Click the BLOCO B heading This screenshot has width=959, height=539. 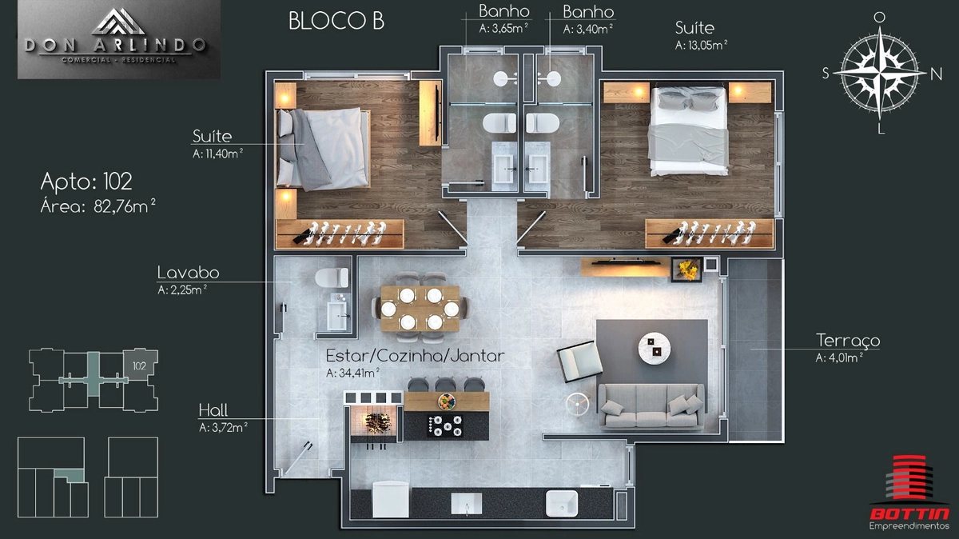click(336, 21)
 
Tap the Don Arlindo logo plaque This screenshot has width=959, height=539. click(119, 39)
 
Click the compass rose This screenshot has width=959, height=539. click(880, 74)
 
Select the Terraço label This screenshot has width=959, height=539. click(848, 340)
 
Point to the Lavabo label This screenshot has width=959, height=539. click(189, 273)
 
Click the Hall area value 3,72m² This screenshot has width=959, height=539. click(229, 427)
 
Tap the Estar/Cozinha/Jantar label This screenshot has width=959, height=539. click(415, 356)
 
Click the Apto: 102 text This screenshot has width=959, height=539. click(86, 182)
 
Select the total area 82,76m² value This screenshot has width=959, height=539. click(125, 206)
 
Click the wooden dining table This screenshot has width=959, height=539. click(420, 309)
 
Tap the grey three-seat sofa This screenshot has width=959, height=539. click(651, 406)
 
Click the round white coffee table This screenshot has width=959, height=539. click(655, 349)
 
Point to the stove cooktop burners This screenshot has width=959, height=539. click(445, 426)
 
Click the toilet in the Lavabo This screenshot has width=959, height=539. click(332, 277)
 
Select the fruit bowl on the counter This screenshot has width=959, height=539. click(447, 402)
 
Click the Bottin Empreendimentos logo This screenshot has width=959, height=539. click(909, 493)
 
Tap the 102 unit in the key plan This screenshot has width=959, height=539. click(140, 365)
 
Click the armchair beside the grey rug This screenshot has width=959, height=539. click(579, 361)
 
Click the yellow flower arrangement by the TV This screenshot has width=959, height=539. click(686, 270)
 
